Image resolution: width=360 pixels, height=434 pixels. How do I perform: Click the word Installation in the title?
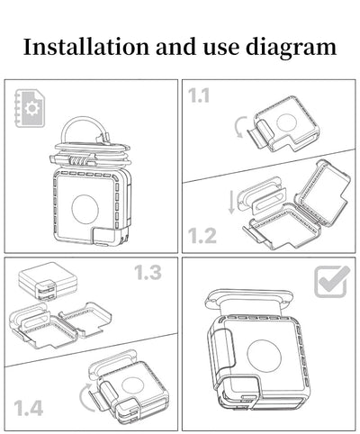86,47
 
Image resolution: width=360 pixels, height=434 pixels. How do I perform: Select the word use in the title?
221,49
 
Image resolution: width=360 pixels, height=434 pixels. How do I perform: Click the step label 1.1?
199,95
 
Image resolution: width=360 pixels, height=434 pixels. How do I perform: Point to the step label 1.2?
202,235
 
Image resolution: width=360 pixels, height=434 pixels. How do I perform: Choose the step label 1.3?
148,273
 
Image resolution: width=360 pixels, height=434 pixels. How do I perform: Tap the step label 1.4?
29,408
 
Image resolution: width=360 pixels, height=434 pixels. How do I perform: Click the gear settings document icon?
30,108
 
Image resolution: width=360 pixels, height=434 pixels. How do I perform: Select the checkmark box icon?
332,281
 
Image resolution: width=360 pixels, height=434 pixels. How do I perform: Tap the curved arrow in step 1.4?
82,396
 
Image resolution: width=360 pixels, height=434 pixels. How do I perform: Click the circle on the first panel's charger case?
85,209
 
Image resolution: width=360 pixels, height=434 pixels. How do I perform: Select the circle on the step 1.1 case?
286,122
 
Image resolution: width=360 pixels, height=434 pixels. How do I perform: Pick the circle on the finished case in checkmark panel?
265,357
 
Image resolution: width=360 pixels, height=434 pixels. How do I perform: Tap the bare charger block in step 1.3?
48,281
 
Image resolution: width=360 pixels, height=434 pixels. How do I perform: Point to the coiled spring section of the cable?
79,160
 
